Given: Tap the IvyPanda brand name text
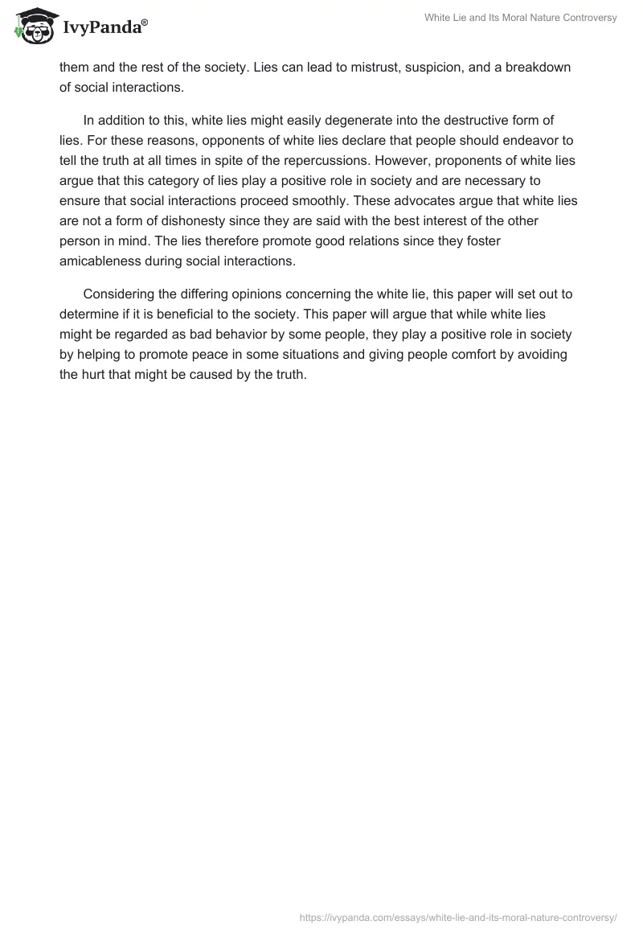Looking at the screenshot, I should click(x=104, y=27).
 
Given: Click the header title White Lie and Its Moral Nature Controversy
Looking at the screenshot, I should click(x=520, y=18).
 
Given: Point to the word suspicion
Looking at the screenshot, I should click(x=408, y=68).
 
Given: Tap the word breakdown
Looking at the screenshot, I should click(x=532, y=68).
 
